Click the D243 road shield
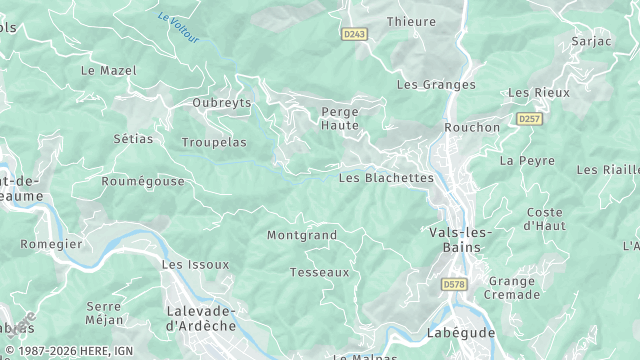[354, 34]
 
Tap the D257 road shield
[529, 119]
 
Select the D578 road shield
[455, 284]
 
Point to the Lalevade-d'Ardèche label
[200, 318]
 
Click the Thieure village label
[411, 22]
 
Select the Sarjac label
[591, 41]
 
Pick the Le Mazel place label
[108, 71]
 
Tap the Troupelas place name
[214, 143]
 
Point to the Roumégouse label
[143, 182]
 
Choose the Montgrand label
[301, 236]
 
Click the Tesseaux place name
[319, 272]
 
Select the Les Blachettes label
[386, 178]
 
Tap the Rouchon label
[472, 128]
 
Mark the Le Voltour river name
[179, 27]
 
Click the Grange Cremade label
[512, 288]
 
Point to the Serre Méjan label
[105, 313]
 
